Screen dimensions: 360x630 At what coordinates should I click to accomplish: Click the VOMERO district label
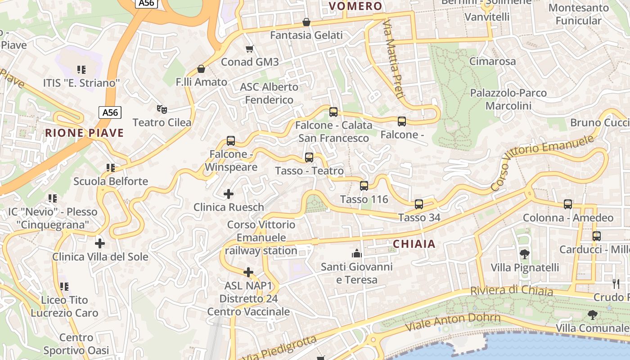point(355,6)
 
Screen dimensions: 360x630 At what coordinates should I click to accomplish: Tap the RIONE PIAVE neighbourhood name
point(84,133)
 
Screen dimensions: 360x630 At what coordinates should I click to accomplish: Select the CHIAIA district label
point(414,244)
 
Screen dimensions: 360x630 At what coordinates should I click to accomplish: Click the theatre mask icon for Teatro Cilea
point(162,109)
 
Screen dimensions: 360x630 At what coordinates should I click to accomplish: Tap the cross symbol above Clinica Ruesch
point(229,194)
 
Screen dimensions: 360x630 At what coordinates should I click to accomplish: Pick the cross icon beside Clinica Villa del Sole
point(100,243)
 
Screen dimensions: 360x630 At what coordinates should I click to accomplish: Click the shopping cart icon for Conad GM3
point(249,49)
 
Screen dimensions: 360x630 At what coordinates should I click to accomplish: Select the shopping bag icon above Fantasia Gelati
point(306,22)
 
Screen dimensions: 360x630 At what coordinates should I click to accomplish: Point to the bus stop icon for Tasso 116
point(364,185)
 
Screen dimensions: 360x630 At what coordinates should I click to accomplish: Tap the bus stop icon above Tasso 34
point(419,204)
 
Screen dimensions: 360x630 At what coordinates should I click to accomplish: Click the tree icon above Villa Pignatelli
point(524,254)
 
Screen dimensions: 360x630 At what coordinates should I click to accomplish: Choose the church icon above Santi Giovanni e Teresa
point(357,253)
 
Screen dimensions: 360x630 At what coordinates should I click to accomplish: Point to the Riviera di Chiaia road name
point(512,291)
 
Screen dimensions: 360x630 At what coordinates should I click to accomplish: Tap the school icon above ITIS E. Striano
point(81,70)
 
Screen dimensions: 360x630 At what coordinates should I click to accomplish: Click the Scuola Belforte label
point(111,181)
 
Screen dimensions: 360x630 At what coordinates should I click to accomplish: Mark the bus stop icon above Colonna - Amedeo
point(568,204)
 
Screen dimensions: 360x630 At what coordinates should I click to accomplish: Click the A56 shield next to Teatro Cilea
point(110,112)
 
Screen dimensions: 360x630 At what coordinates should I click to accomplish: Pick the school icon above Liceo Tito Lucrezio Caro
point(64,286)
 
